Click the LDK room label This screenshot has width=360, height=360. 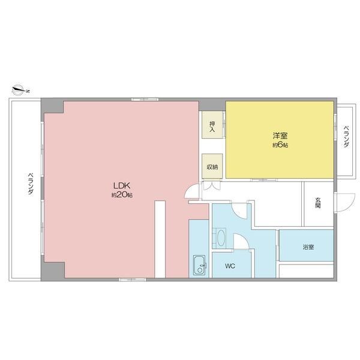point(122,185)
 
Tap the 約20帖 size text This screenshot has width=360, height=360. point(122,195)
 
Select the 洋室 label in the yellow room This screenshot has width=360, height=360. point(280,136)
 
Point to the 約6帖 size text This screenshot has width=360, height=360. point(280,145)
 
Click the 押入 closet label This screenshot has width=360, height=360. point(212,127)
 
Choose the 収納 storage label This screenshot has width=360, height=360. point(212,167)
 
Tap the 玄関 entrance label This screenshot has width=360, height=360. point(318,203)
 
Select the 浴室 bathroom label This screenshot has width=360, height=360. point(308,247)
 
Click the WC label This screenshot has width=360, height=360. point(230,266)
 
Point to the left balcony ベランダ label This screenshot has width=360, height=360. point(31,184)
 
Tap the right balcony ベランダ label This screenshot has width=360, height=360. point(346,136)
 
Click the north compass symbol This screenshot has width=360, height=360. point(20,90)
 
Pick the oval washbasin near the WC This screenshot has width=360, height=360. point(221,238)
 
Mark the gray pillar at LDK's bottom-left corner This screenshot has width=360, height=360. point(53,271)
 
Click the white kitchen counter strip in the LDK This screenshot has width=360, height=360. point(160,239)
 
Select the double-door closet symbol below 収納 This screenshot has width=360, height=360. point(212,185)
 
